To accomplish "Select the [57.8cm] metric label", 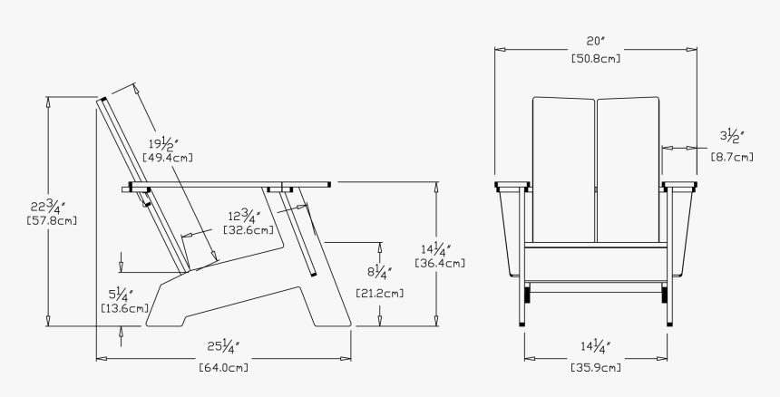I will click(53, 220).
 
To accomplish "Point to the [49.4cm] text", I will click(168, 158).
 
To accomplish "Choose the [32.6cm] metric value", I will click(248, 231).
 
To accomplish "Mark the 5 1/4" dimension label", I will click(121, 294).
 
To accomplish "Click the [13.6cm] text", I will click(124, 308).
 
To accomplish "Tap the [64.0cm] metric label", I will click(223, 367).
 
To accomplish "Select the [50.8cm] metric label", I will click(596, 58).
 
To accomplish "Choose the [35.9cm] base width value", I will click(596, 367).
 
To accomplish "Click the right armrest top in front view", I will click(680, 188).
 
